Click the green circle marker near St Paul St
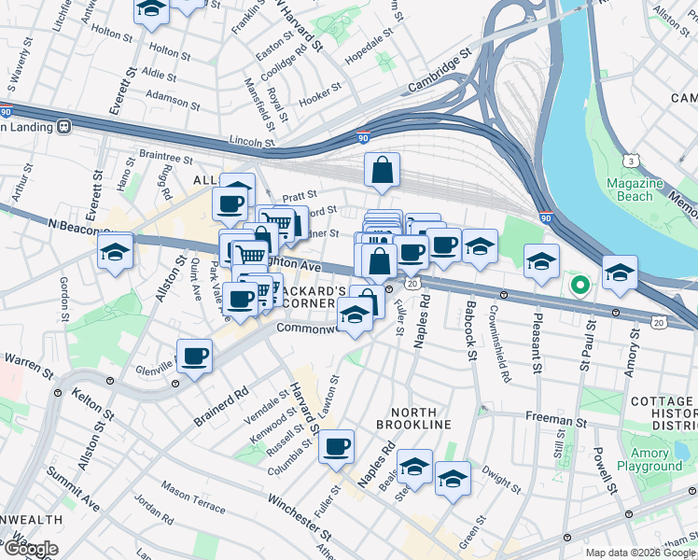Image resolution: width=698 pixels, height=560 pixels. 579,285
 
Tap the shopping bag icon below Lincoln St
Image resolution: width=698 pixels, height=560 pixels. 382,171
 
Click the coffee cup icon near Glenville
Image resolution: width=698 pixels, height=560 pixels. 194,356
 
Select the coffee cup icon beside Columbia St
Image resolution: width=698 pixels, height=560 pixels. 336,446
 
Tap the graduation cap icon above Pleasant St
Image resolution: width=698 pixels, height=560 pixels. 540,262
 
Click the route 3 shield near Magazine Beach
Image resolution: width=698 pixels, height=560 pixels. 633,161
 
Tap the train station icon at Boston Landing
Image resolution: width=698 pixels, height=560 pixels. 64,126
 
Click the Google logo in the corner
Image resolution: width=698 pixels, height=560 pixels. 30,548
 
